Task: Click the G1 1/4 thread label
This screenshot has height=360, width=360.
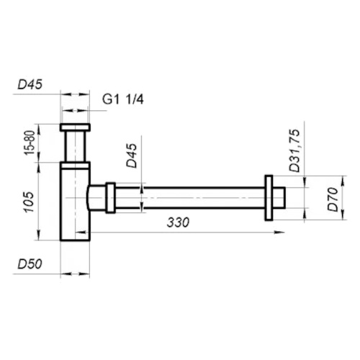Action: (123, 99)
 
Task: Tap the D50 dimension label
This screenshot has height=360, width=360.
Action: (30, 264)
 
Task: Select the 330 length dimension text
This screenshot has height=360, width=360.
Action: (178, 222)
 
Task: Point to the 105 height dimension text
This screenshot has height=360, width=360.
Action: (29, 202)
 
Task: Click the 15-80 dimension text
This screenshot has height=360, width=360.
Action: (30, 143)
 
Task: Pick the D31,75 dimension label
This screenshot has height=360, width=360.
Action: (294, 150)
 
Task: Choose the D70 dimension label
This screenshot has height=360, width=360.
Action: (333, 199)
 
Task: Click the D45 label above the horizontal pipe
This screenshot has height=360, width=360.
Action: (132, 156)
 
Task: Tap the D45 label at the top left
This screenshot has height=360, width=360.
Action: (30, 85)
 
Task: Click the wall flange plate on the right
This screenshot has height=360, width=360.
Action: (269, 198)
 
